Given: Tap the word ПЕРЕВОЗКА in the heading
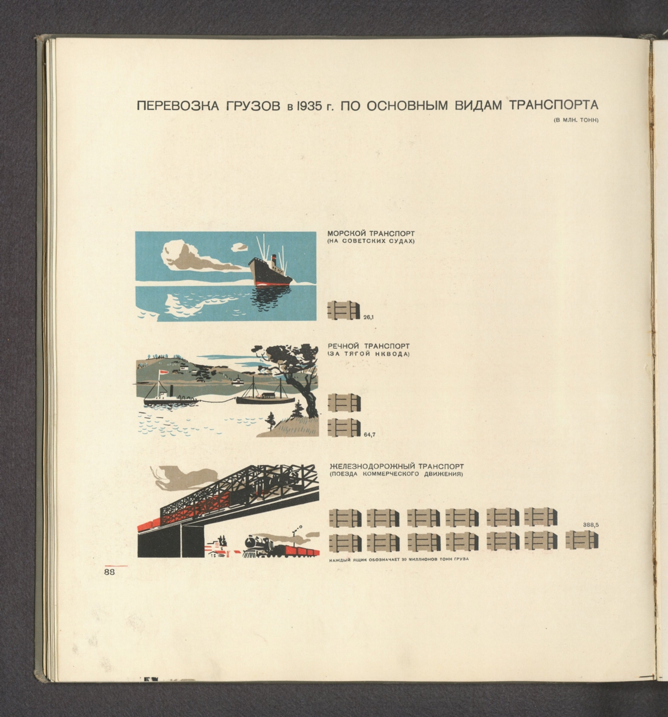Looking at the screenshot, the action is [178, 106].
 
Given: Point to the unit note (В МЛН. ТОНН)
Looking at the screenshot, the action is [576, 120].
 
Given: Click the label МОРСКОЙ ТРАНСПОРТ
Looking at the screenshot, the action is [371, 233].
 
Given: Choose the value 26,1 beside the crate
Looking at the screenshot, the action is [369, 317].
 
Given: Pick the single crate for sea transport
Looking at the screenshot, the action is [344, 311].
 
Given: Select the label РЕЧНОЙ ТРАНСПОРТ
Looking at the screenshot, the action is [369, 346].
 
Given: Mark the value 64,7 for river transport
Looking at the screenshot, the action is [369, 435].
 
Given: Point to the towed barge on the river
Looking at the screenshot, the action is [265, 398].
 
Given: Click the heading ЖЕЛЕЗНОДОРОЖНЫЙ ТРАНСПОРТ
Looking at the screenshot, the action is [397, 466].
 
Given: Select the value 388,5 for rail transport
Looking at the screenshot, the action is [591, 525].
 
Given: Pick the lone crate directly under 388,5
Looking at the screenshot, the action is [582, 541].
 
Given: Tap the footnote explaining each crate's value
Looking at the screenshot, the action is [399, 559].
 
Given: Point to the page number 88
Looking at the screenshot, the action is [110, 572].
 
